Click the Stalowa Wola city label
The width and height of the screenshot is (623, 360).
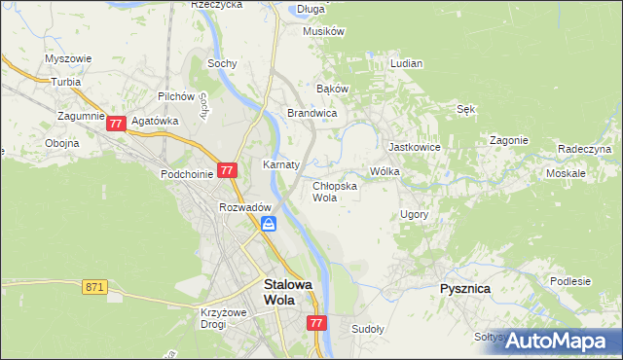[289, 292]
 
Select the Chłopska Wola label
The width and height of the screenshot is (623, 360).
[334, 191]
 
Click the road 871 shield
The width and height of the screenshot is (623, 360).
[93, 286]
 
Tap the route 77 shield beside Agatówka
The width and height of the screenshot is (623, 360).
[116, 124]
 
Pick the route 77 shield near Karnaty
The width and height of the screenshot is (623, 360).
[227, 169]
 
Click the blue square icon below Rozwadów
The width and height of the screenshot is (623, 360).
[269, 225]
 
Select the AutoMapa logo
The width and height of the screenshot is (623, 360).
[558, 341]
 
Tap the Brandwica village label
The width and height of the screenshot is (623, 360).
[311, 114]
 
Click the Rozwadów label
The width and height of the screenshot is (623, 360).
[244, 207]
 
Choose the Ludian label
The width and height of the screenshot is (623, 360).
[406, 63]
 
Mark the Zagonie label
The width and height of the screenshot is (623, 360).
[509, 140]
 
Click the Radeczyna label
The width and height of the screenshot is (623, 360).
[584, 149]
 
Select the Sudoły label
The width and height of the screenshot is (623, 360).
[368, 329]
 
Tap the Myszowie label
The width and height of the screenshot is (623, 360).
[68, 58]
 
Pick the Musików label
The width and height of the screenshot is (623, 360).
[324, 31]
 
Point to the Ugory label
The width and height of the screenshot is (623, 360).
[414, 213]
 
